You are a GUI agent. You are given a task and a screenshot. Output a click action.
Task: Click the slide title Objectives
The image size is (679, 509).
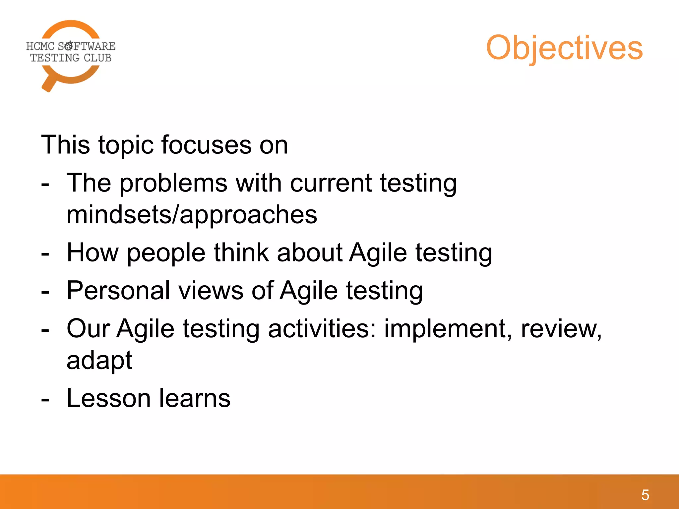[564, 48]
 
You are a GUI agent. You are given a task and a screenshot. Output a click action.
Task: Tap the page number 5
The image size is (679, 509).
[645, 495]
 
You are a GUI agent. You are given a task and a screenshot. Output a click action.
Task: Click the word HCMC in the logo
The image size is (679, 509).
[40, 46]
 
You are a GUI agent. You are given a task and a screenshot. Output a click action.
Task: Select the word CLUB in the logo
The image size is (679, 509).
[97, 58]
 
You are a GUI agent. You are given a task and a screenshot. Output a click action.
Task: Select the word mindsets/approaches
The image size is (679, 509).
[192, 215]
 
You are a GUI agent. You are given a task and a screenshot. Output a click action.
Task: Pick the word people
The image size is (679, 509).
[166, 253]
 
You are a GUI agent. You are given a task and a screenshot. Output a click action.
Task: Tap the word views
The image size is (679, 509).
[211, 291]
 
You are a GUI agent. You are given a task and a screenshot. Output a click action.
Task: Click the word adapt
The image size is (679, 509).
[99, 361]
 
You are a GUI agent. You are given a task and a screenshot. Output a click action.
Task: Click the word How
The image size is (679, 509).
[93, 253]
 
